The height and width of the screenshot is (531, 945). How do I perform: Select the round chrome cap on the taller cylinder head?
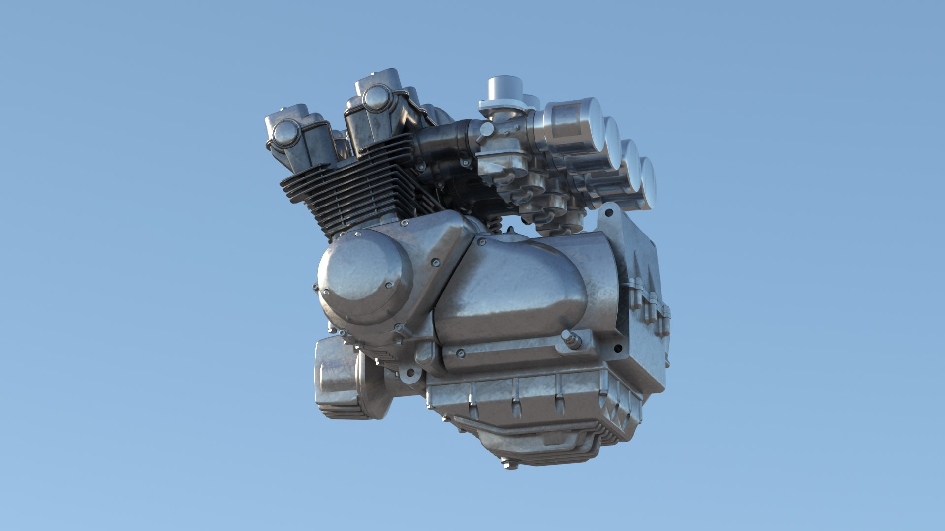[376, 97]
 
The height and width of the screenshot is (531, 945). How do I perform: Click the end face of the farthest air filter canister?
[649, 182]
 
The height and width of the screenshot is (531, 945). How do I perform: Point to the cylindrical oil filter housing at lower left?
[340, 379]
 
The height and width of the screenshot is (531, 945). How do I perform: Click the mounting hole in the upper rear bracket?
[609, 213]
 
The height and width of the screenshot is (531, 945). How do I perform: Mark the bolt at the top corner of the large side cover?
[481, 241]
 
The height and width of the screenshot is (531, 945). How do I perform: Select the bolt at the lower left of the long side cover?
[460, 353]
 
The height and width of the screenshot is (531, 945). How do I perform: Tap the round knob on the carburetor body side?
[486, 129]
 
